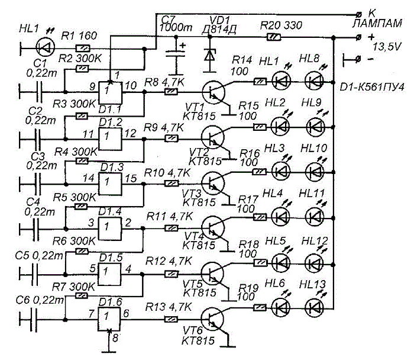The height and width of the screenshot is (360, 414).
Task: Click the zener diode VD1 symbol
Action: pos(210,56)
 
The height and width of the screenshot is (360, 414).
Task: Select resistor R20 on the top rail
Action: pos(274,37)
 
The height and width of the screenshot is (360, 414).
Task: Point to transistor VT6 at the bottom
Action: pos(212,319)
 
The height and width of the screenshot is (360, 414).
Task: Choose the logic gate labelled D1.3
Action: pos(111,184)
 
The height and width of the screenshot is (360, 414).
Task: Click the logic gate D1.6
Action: pos(109,319)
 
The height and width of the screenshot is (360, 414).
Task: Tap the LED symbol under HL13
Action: pos(315,307)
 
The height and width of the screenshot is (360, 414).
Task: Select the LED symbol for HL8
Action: pos(315,81)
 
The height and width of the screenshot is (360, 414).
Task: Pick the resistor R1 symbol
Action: pos(83,49)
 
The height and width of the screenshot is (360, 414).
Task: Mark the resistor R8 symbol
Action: pos(171,92)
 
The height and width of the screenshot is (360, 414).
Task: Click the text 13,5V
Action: pos(387,47)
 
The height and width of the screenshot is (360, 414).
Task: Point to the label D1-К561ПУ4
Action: pos(372,87)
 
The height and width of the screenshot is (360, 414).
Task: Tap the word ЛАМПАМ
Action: pos(377,23)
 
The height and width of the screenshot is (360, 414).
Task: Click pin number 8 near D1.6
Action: pos(115,338)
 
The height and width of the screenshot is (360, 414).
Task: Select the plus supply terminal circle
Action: pos(358,37)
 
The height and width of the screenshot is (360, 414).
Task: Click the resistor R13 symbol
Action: pos(171,319)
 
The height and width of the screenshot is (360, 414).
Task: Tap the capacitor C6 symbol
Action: pos(34,320)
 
